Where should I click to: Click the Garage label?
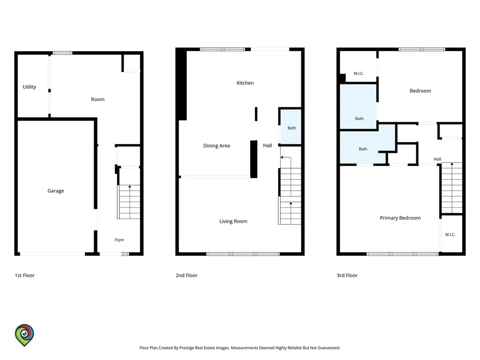(x=56, y=191)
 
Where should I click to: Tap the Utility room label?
(x=30, y=87)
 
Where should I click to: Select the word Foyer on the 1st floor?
(x=120, y=240)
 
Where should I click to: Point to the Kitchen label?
(x=245, y=82)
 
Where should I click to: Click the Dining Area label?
(x=217, y=146)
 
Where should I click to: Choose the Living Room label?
(x=233, y=221)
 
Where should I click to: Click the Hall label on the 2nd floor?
(x=268, y=145)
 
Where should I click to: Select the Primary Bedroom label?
(x=400, y=218)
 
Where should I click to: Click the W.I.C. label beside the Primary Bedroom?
(x=450, y=234)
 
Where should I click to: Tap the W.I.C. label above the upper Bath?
(x=359, y=74)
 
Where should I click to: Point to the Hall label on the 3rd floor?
(x=437, y=159)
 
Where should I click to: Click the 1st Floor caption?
(x=25, y=275)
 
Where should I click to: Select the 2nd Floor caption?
(x=187, y=275)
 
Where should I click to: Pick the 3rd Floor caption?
(x=347, y=275)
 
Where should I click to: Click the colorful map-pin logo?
(x=24, y=335)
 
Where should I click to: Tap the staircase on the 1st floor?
(x=129, y=202)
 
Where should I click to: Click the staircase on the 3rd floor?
(x=451, y=188)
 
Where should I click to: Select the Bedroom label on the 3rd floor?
(x=420, y=91)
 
